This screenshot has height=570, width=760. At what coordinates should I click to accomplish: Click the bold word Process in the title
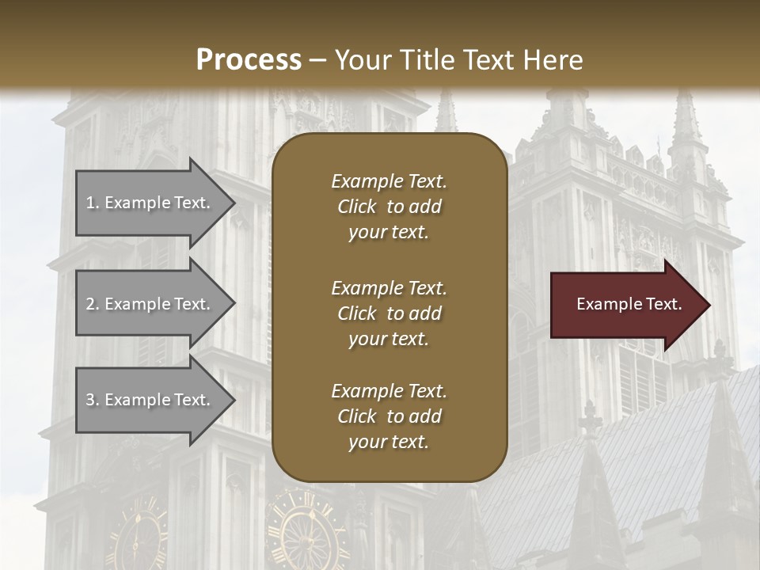249,60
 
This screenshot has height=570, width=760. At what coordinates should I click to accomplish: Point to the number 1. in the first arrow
93,203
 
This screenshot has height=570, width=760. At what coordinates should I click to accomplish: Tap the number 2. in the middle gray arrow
93,304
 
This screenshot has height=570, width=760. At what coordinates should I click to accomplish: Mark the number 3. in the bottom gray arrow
93,400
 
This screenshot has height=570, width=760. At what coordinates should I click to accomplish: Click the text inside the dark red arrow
629,304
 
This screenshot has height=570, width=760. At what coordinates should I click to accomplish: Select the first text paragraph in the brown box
389,207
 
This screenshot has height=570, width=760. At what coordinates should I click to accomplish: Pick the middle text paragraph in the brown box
389,313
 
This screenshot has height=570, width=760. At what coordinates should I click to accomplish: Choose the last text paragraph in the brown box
389,416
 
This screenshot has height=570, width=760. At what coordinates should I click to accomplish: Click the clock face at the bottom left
136,534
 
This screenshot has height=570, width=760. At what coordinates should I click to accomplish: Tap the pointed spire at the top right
686,119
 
